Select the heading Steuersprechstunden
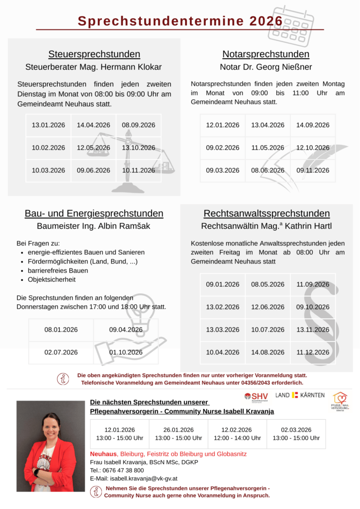(94, 54)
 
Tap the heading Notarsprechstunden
(266, 54)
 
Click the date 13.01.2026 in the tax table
(48, 125)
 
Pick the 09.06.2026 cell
(93, 170)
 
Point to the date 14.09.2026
(313, 125)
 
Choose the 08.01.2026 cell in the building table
(61, 330)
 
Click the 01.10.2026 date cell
(126, 352)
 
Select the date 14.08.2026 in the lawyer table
(268, 352)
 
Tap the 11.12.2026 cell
(313, 352)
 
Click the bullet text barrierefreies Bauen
(58, 271)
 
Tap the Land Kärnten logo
(300, 395)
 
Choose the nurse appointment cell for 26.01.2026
(179, 434)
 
